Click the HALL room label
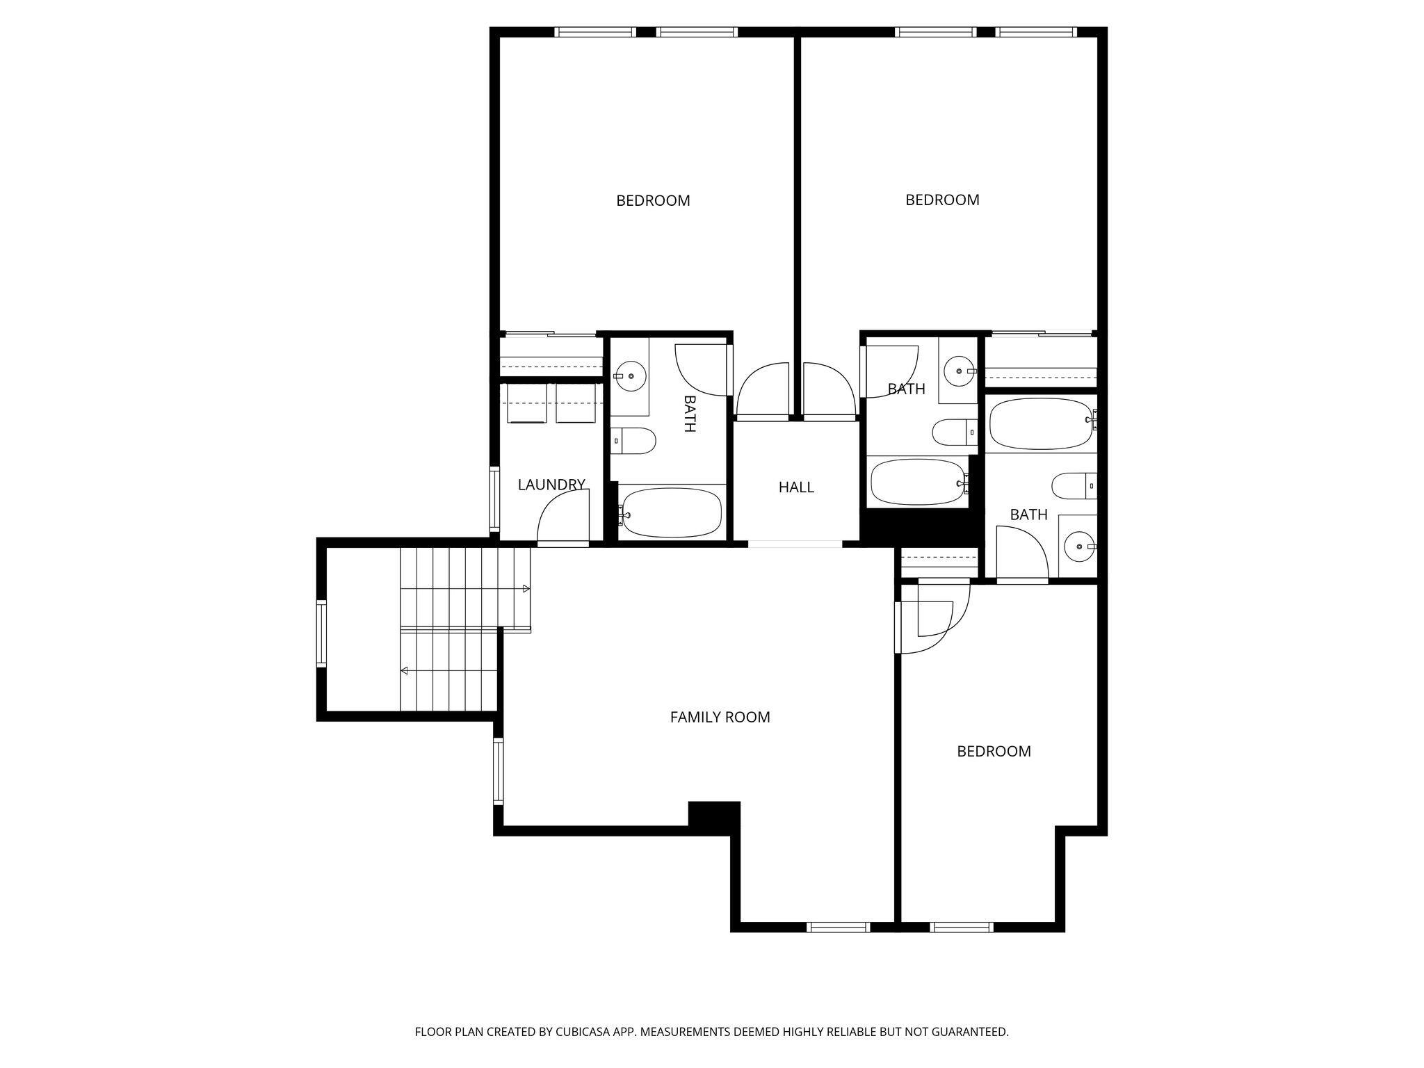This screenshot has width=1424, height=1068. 796,487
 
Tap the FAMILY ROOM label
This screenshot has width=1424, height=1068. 720,717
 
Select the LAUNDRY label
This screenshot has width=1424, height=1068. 551,485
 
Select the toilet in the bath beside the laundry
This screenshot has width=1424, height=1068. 636,441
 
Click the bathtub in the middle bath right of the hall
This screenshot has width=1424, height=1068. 916,482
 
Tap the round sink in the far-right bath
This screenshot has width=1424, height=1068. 1079,547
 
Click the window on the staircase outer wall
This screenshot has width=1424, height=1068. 321,633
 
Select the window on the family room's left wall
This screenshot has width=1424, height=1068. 498,772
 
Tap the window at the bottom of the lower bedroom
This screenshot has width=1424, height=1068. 962,926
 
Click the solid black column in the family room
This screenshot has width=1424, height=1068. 713,815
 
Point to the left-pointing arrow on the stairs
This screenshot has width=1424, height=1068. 405,671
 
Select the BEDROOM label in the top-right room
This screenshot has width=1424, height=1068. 942,200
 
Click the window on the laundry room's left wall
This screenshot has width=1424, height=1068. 494,499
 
